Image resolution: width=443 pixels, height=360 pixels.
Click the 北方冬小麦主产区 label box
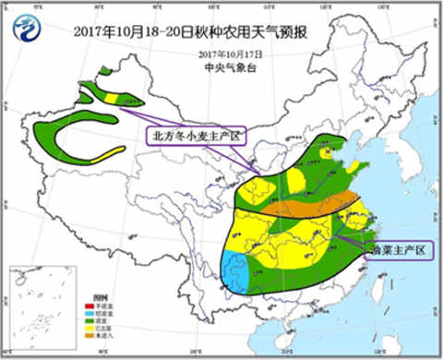[196, 136]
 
